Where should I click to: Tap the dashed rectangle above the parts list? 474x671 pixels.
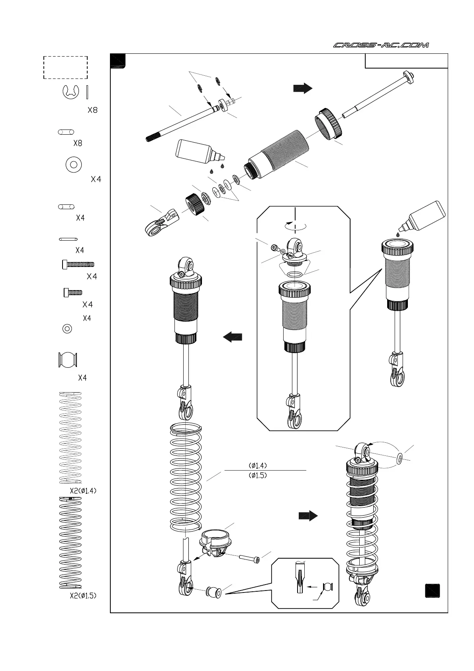point(65,67)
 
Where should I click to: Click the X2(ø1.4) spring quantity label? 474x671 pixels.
point(83,491)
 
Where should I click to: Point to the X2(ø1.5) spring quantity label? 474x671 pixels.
point(83,596)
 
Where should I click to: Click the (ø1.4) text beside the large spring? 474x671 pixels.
point(258,465)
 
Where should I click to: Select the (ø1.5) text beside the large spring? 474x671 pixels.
point(258,475)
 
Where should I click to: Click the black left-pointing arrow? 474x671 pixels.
point(233,337)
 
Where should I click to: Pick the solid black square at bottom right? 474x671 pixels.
point(432,591)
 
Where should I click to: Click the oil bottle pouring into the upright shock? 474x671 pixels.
point(423,216)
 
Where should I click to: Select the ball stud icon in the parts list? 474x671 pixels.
point(67,360)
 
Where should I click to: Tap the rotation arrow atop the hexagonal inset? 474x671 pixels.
point(295,225)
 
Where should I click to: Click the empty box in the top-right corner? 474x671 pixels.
point(406,61)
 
